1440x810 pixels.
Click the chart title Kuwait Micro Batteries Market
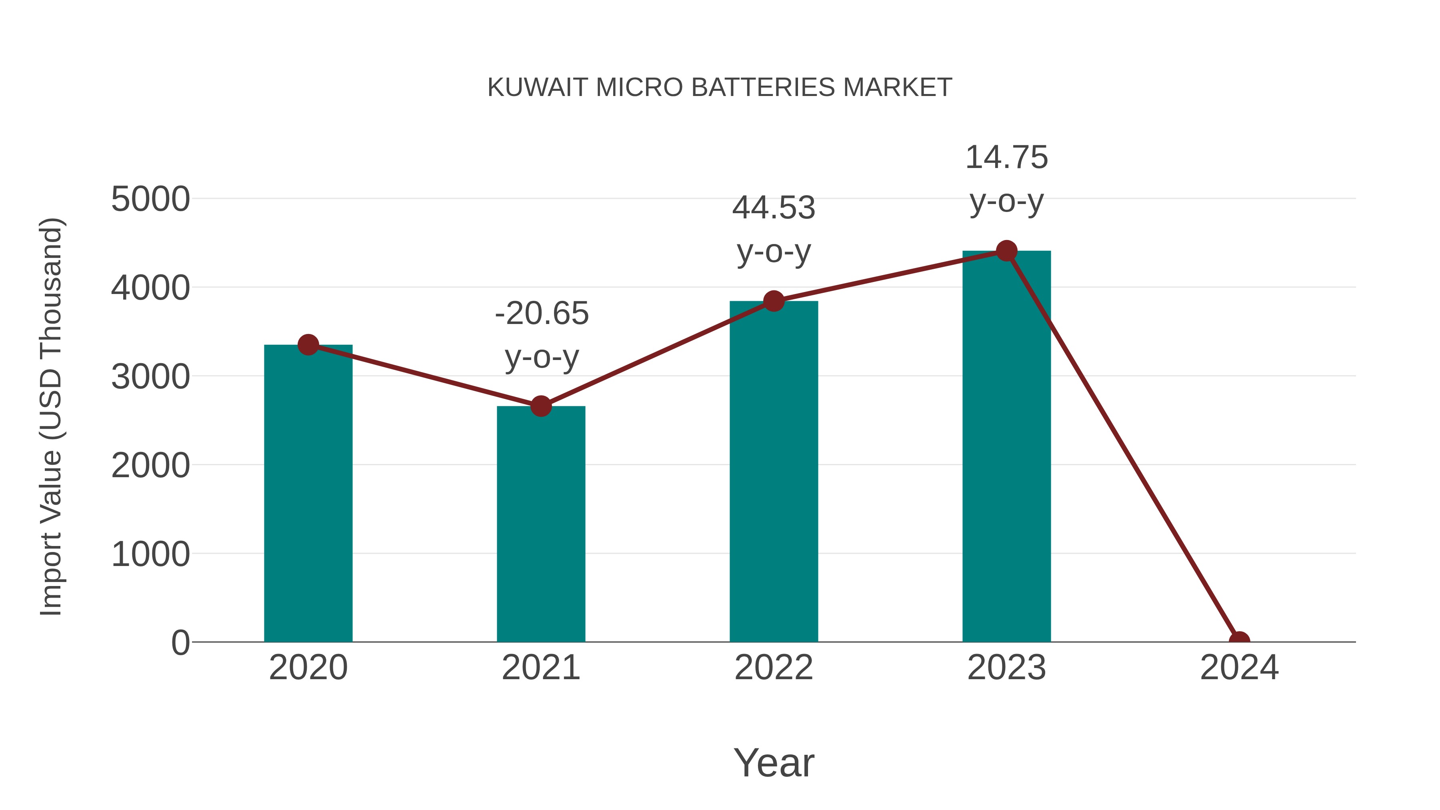pos(720,87)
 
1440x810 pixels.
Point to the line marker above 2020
pos(308,345)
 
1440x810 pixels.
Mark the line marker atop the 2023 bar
pos(1006,251)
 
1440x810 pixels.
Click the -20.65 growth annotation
pos(542,313)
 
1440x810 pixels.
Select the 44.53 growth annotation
pos(774,208)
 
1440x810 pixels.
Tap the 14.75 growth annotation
pos(1006,157)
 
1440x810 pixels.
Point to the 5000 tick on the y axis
pos(150,199)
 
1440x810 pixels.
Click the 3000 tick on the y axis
pos(150,377)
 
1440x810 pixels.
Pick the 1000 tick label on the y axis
pos(150,554)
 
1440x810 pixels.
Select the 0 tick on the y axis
pos(180,642)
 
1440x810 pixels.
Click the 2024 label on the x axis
pos(1239,668)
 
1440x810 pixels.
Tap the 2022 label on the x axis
pos(774,668)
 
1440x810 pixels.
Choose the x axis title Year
pos(774,762)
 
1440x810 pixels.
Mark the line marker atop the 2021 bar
pos(540,406)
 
